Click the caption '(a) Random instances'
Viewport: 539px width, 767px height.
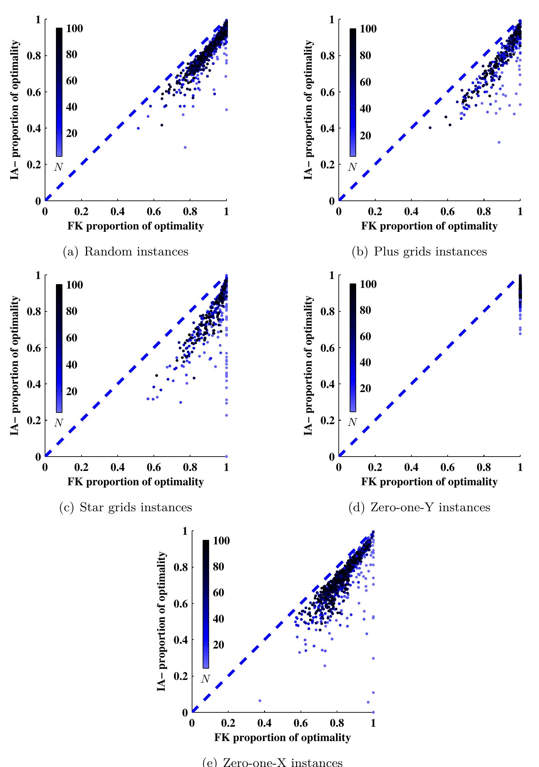pyautogui.click(x=126, y=252)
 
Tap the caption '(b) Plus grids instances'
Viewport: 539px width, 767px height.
pyautogui.click(x=419, y=252)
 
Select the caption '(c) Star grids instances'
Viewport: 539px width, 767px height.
pyautogui.click(x=126, y=507)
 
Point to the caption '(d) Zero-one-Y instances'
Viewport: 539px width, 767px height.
pyautogui.click(x=420, y=507)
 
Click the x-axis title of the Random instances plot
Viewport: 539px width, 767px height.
pyautogui.click(x=135, y=226)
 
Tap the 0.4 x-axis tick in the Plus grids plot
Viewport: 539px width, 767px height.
pyautogui.click(x=411, y=212)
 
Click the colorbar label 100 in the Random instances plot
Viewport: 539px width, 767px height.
pyautogui.click(x=74, y=29)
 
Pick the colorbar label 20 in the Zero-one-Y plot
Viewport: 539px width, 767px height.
pyautogui.click(x=365, y=388)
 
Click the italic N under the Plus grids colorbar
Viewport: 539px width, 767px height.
pyautogui.click(x=352, y=167)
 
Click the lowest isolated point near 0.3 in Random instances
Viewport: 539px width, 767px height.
pyautogui.click(x=185, y=148)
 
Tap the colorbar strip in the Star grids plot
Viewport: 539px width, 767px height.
pyautogui.click(x=59, y=348)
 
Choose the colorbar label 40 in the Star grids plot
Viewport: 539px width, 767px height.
pyautogui.click(x=72, y=365)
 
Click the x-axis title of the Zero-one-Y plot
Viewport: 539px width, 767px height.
pyautogui.click(x=429, y=482)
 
